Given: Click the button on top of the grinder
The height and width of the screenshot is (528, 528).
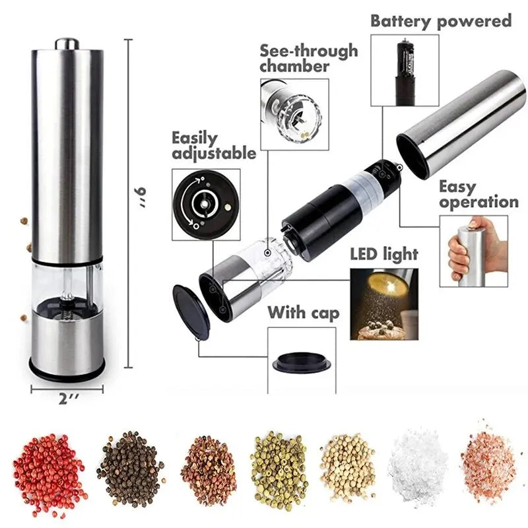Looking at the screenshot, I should click(x=67, y=43).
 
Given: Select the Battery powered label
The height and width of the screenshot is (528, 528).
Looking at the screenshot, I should click(x=441, y=20).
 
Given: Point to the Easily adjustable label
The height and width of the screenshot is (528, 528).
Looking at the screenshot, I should click(x=213, y=146).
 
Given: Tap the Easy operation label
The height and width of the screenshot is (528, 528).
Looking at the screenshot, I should click(x=478, y=195).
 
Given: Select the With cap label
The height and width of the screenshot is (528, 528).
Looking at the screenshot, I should click(x=303, y=313).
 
